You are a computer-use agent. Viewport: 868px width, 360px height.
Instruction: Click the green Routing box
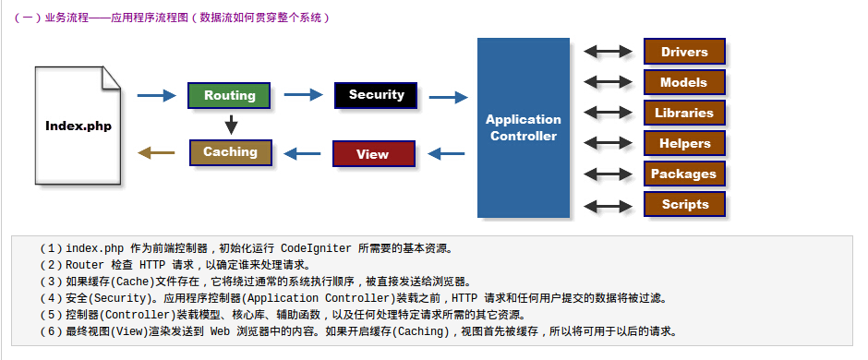(x=229, y=95)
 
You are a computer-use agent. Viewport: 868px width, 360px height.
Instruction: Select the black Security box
(x=376, y=95)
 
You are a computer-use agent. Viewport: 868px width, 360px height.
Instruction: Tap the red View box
(x=374, y=154)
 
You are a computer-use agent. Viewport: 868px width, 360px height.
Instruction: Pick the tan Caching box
(x=230, y=152)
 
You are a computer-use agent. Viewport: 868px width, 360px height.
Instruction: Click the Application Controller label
(x=524, y=127)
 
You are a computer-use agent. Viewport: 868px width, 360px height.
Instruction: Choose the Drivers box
(x=684, y=52)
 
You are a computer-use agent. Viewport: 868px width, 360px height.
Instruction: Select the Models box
(x=684, y=82)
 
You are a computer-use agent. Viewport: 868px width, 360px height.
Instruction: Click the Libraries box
(x=684, y=113)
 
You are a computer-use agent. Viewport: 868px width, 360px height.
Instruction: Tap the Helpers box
(x=684, y=143)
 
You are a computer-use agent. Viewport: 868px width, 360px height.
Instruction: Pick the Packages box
(x=684, y=174)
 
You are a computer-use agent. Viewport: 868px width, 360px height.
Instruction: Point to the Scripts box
(x=684, y=204)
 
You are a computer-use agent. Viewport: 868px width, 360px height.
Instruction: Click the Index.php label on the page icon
(x=78, y=126)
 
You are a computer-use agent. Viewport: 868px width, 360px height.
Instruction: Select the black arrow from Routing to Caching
(x=232, y=125)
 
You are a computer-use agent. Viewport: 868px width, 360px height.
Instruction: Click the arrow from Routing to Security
(x=304, y=94)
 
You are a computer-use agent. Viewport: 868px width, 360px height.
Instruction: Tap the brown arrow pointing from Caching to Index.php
(x=156, y=152)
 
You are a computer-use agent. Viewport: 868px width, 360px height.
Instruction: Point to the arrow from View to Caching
(x=302, y=153)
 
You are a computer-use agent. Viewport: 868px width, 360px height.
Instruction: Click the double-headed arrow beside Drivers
(x=608, y=52)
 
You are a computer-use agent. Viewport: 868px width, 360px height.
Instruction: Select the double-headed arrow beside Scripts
(x=608, y=207)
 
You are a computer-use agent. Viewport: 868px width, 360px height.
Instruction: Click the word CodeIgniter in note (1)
(x=316, y=248)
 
